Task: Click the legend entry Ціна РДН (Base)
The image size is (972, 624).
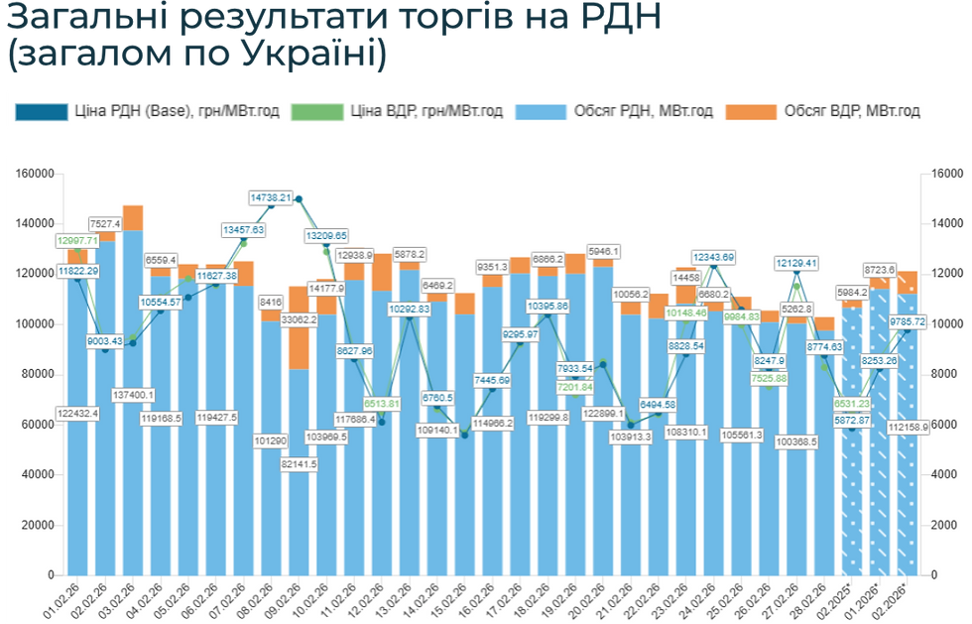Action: point(130,111)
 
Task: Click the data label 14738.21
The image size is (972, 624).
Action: point(270,198)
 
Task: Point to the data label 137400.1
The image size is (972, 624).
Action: point(133,395)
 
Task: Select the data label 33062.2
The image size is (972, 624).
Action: point(299,320)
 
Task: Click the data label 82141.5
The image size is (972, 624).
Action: point(299,464)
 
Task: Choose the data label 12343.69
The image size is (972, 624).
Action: point(714,258)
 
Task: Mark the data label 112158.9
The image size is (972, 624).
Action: point(907,427)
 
